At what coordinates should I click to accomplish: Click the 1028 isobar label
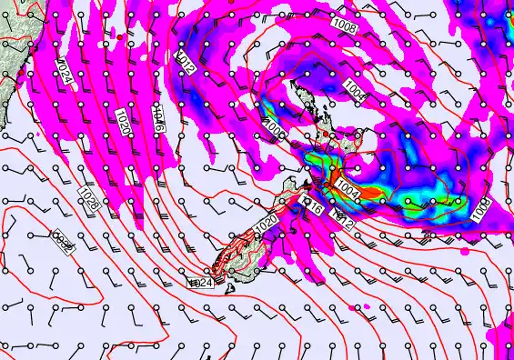coord(89,199)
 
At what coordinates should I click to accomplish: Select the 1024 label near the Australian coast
coord(64,71)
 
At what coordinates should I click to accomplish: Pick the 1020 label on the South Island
coord(267,222)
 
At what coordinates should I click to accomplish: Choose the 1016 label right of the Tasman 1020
coord(156,115)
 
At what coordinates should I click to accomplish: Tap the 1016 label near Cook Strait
coord(312,209)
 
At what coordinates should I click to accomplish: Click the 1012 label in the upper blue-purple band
coord(186,63)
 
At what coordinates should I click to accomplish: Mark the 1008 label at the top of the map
coord(345,25)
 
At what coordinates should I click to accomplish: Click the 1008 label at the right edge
coord(483,209)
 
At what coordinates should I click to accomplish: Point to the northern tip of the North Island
coord(293,85)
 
